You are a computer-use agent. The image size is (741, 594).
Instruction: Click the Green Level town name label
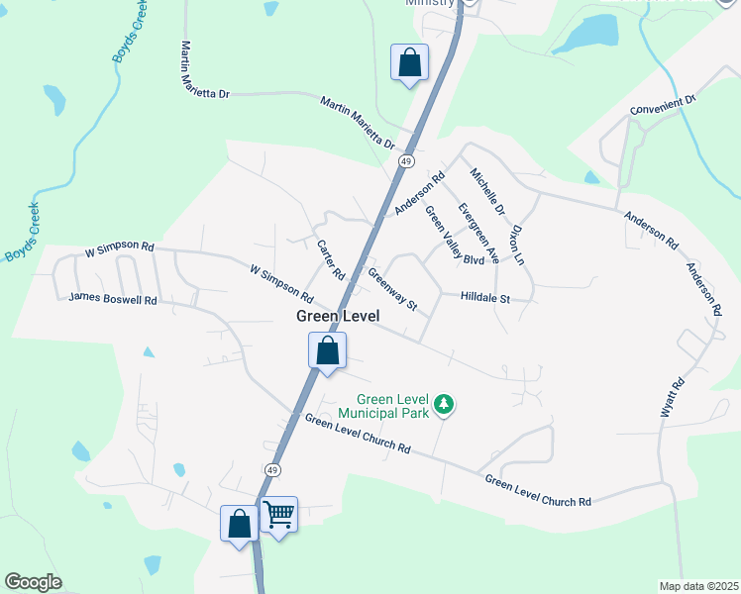(337, 316)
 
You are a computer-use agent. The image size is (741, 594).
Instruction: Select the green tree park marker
(445, 404)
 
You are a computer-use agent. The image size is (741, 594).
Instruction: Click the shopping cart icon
(279, 515)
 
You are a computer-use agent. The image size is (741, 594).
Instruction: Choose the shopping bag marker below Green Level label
(327, 350)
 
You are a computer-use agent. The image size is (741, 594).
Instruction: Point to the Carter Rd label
(330, 258)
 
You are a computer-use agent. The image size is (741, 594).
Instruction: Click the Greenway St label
(392, 289)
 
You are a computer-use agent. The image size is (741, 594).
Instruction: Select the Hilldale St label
(484, 297)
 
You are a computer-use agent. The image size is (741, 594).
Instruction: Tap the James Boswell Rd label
(113, 298)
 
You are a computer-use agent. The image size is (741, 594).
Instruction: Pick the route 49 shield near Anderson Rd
(405, 160)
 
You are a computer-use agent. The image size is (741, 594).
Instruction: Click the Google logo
(34, 582)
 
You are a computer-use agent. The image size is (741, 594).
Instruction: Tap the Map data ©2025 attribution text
(697, 586)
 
